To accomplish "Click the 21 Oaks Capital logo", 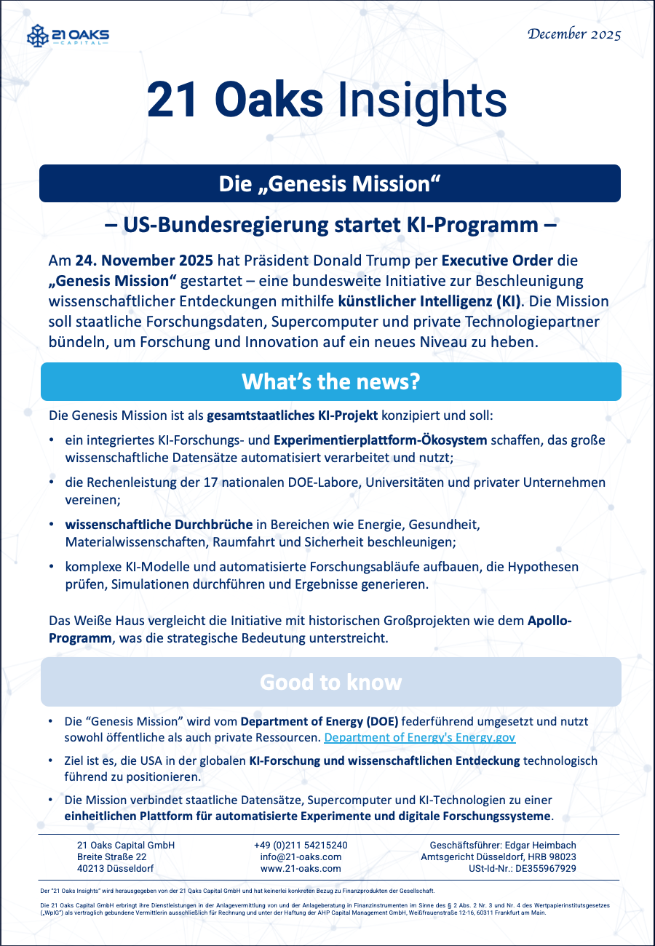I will coord(68,36).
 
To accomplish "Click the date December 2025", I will coord(574,33).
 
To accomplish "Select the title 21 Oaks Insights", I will coord(327,101).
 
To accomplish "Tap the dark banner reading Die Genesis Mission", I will coord(330,183).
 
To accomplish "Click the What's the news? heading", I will coord(330,381).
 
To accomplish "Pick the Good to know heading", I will coord(330,682).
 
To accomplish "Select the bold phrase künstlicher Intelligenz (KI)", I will coord(428,301).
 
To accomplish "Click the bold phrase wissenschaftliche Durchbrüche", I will coord(159,524).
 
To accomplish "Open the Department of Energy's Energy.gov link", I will coord(420,737).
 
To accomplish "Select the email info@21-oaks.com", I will coord(301,856).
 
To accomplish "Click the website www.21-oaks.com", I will coord(301,868).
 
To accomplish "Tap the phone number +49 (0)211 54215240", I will coord(301,845).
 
